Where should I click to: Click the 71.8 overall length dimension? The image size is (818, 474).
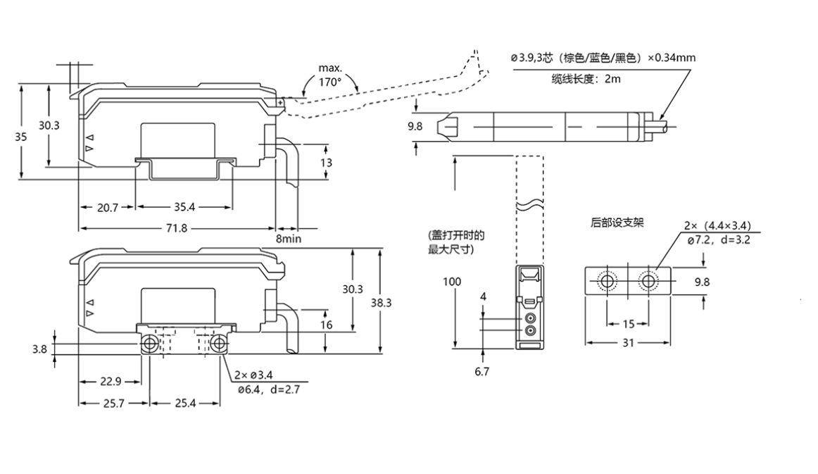click(176, 228)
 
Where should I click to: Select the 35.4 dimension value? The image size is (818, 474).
click(184, 207)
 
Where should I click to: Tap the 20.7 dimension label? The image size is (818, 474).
click(106, 207)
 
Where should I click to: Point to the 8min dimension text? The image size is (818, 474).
click(289, 239)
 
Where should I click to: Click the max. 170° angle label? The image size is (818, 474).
click(329, 75)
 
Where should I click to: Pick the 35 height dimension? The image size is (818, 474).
click(20, 137)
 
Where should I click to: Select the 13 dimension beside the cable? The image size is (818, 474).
click(327, 162)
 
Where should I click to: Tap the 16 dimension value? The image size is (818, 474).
click(326, 325)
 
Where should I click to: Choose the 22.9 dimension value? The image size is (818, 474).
click(111, 382)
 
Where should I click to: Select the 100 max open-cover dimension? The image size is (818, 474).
click(453, 282)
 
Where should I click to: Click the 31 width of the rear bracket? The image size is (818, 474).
click(627, 342)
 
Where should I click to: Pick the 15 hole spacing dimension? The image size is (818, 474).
click(627, 324)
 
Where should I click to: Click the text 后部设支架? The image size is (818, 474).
click(617, 223)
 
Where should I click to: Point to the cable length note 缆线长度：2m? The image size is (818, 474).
click(586, 79)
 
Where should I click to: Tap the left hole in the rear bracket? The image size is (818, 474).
click(606, 282)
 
